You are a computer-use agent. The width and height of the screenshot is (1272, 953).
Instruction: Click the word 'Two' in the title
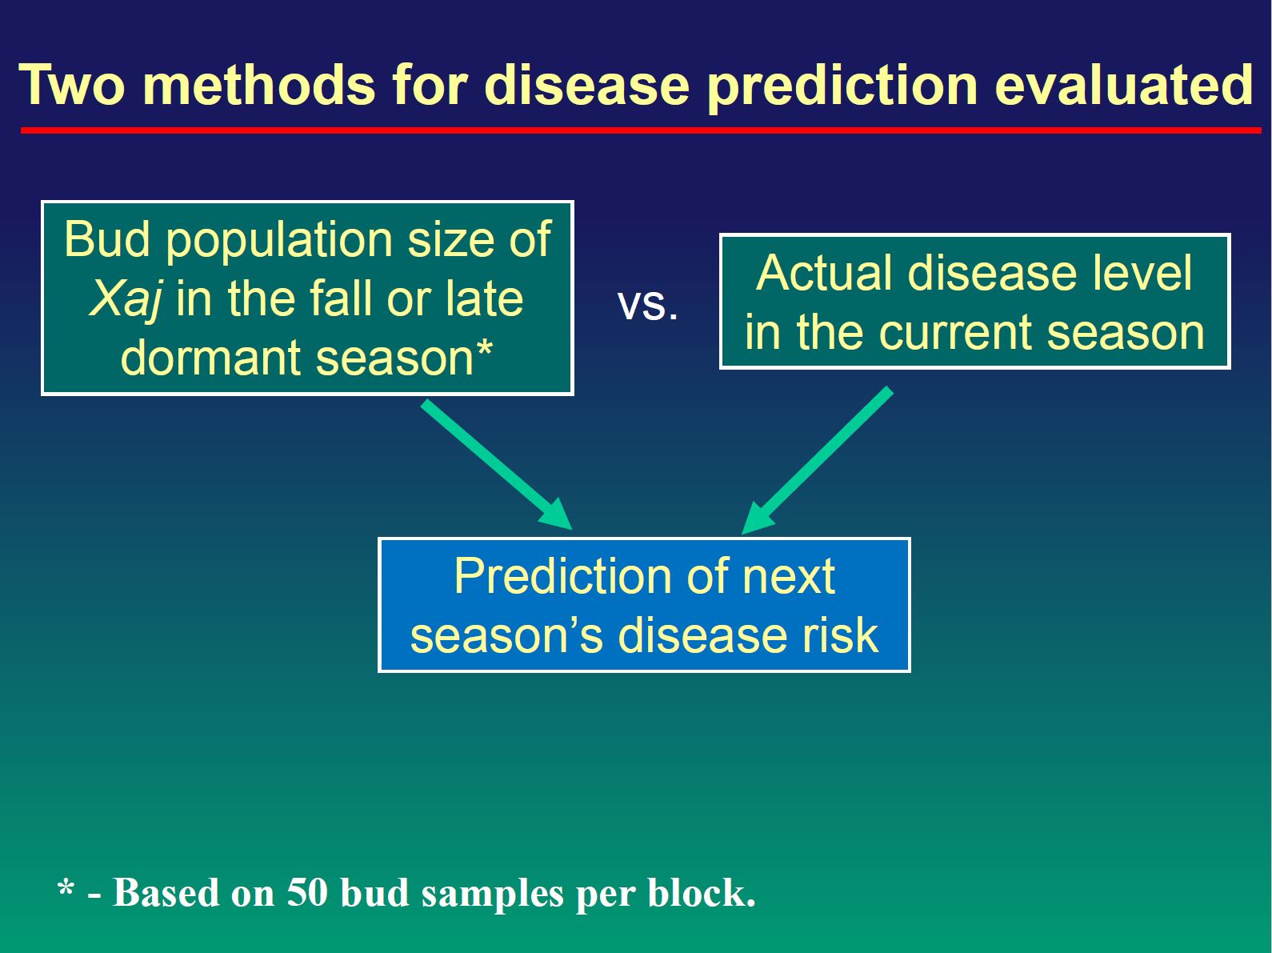tap(72, 85)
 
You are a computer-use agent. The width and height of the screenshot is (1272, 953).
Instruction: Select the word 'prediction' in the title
tap(842, 87)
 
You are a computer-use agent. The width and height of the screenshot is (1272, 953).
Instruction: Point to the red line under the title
tap(641, 130)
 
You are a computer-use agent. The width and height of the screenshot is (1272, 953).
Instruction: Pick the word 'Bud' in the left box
tap(107, 238)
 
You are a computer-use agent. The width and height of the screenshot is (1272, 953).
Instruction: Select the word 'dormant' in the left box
tap(212, 357)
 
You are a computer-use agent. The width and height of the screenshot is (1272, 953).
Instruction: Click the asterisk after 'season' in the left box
tap(484, 349)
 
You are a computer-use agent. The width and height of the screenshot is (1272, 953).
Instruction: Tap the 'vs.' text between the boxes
tap(647, 306)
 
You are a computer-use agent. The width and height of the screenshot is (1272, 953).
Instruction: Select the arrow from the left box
tap(497, 464)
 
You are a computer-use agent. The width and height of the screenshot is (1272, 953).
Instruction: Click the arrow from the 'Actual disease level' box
tap(817, 461)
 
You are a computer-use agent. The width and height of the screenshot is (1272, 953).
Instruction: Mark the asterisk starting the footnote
tap(66, 887)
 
